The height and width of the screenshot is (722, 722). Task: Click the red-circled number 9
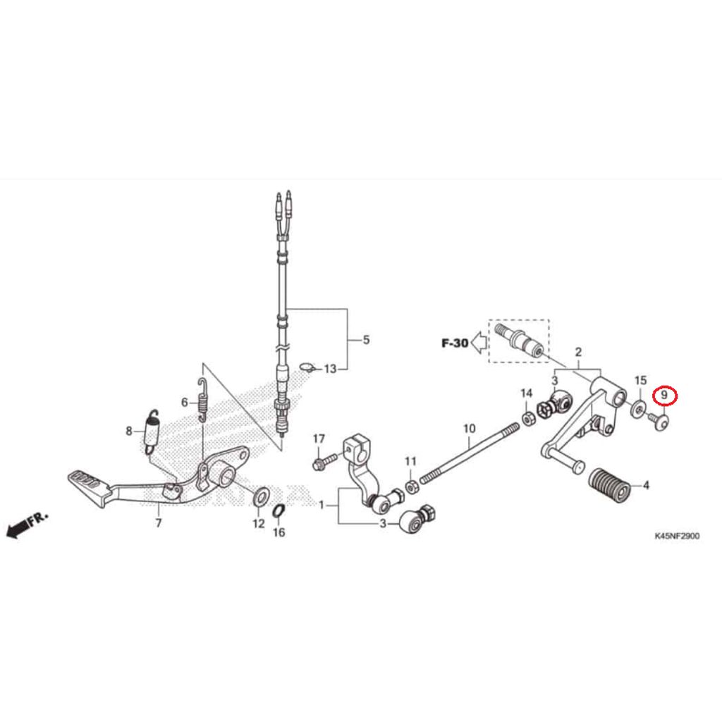(664, 395)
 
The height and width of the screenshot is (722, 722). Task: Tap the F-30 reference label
(455, 343)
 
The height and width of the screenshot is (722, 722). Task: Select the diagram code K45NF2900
(677, 536)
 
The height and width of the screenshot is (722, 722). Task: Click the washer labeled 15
(640, 408)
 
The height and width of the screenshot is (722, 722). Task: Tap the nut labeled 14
(527, 418)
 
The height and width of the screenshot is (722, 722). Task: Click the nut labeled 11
(412, 485)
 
